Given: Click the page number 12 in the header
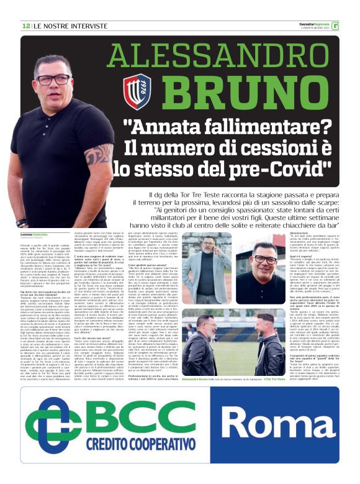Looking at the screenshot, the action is (x=26, y=25).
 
